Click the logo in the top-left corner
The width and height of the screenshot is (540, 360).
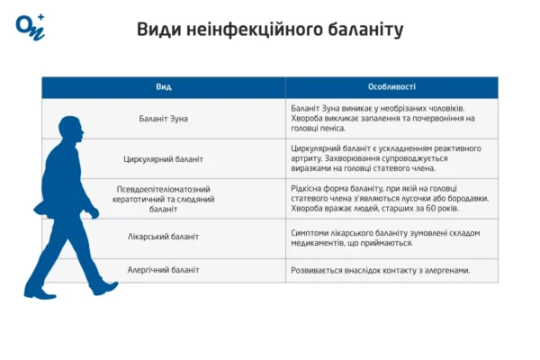coord(30,26)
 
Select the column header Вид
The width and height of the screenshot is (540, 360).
coord(164,87)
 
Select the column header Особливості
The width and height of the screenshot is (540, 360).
coord(391,87)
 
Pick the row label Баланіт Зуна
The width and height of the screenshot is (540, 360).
coord(164,118)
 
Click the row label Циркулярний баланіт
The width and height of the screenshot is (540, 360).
coord(164,158)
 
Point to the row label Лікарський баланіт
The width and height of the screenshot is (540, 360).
coord(164,236)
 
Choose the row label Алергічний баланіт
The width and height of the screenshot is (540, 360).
coord(164,270)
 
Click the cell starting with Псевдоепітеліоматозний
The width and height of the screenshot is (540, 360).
coord(164,198)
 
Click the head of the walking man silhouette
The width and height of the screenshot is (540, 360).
coord(67,129)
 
